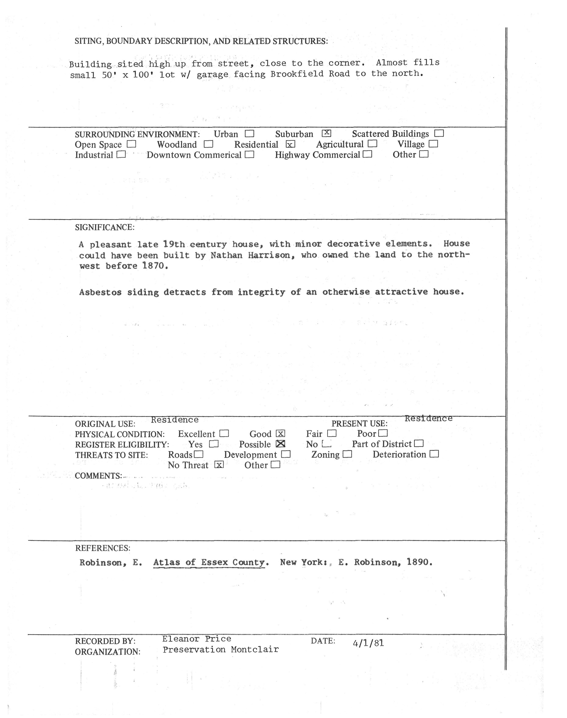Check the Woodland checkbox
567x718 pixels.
tap(208, 144)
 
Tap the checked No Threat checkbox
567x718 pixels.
tap(219, 465)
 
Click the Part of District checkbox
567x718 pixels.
tap(419, 443)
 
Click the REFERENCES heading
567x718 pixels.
tap(103, 548)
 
